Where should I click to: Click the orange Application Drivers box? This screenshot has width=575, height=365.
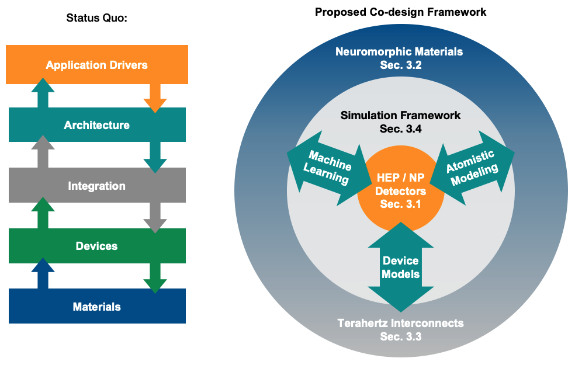point(96,64)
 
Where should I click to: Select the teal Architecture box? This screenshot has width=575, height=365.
point(96,125)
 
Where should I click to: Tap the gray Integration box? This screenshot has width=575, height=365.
point(96,186)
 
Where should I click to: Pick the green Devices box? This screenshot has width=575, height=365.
point(96,246)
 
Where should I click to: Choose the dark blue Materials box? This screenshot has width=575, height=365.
point(96,306)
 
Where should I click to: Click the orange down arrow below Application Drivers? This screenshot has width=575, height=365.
point(155,97)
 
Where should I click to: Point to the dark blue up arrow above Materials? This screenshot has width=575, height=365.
point(42,274)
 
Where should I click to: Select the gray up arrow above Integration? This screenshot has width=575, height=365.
point(42,152)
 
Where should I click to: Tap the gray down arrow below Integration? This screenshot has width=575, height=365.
point(155,218)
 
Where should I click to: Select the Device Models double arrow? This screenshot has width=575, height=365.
point(400,266)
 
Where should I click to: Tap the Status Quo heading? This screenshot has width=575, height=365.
point(97,18)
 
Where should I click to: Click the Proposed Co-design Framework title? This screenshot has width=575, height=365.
point(400,12)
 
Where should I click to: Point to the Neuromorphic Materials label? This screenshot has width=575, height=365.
point(399,52)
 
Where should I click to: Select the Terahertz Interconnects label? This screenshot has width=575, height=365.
point(400,323)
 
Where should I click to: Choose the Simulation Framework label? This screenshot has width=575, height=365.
point(400,116)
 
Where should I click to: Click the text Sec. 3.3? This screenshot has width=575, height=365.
point(400,336)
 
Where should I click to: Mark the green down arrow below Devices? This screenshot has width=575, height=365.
point(155,278)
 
